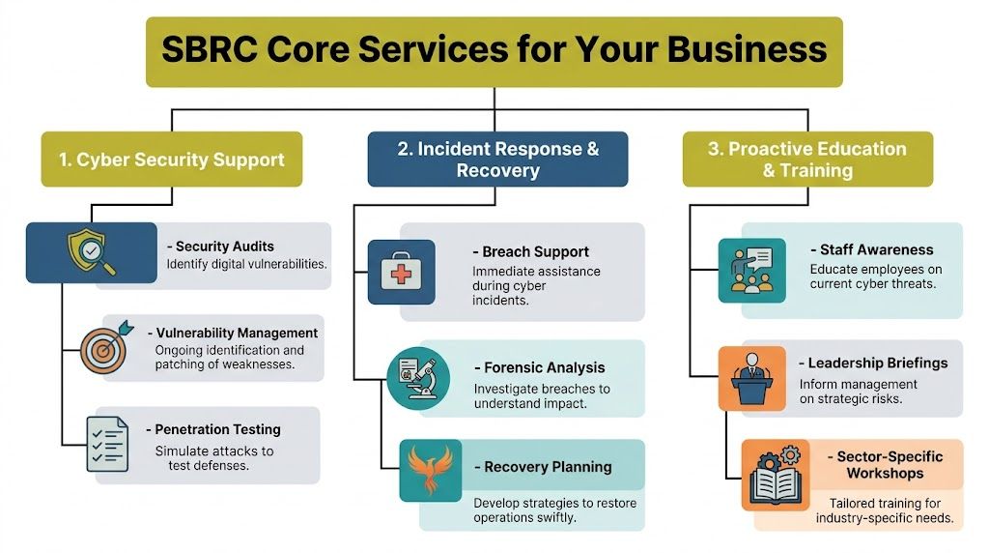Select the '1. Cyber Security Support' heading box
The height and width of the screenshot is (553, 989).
coord(171,160)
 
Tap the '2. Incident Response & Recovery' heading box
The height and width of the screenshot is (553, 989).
coord(497,160)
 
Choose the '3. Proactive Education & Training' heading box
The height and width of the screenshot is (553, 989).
coord(807,160)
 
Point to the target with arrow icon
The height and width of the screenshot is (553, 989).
coord(104,346)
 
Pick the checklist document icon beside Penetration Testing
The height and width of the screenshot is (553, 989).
coord(107,444)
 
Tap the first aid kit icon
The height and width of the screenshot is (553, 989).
coord(401,272)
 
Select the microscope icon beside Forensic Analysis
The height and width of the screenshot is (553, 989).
coord(418,377)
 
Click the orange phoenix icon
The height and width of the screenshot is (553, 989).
coord(430,471)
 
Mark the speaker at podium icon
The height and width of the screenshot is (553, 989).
coord(751,379)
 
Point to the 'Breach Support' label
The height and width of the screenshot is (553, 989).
coord(534,252)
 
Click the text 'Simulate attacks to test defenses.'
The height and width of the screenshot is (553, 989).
coord(213,458)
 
